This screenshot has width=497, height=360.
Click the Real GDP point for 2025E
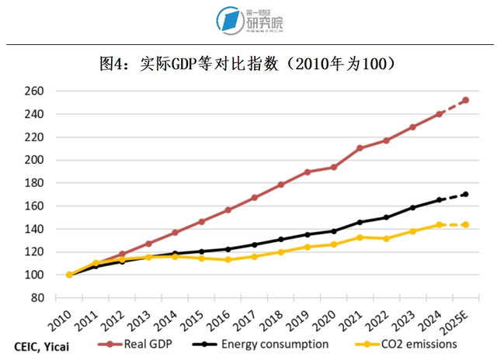coord(465,99)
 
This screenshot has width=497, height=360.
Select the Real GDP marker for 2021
coord(360,148)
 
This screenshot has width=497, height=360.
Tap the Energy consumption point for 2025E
coord(465,194)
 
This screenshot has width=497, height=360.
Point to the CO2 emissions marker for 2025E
coord(465,224)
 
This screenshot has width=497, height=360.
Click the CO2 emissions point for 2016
coord(228,259)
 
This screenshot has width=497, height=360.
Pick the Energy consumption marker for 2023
coord(412,207)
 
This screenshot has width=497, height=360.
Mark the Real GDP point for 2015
coord(201,221)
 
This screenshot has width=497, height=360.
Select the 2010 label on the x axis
coord(64,320)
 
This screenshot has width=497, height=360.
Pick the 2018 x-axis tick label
coord(275,320)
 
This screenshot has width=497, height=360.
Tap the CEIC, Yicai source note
coord(42,342)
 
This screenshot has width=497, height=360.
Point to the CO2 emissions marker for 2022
coord(386,238)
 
